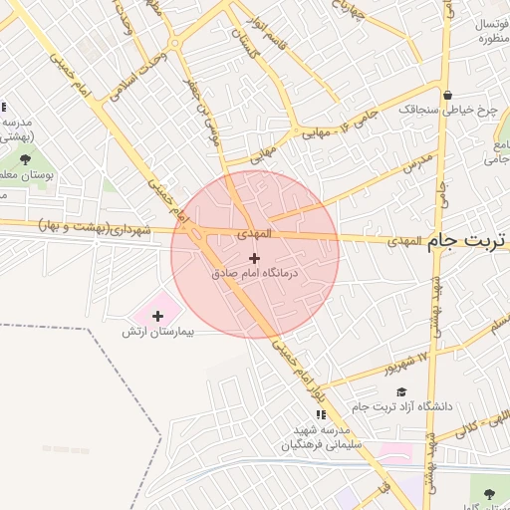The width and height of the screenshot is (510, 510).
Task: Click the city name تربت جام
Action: tap(467, 241)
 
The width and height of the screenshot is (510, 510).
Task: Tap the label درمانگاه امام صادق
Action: tap(255, 271)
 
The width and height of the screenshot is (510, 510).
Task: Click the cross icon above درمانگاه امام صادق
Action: tap(255, 257)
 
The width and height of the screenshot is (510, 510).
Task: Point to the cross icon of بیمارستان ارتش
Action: tap(157, 316)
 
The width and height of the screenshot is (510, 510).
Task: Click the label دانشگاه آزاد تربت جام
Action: tap(402, 406)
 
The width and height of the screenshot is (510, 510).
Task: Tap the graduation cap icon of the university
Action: tap(401, 392)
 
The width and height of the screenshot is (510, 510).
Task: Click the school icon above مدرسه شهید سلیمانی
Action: tap(320, 414)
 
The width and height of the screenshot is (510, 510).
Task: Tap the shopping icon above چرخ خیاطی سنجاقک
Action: tap(448, 96)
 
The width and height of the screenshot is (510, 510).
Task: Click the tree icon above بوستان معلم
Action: tap(24, 159)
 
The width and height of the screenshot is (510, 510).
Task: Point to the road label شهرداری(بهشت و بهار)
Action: tap(95, 228)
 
